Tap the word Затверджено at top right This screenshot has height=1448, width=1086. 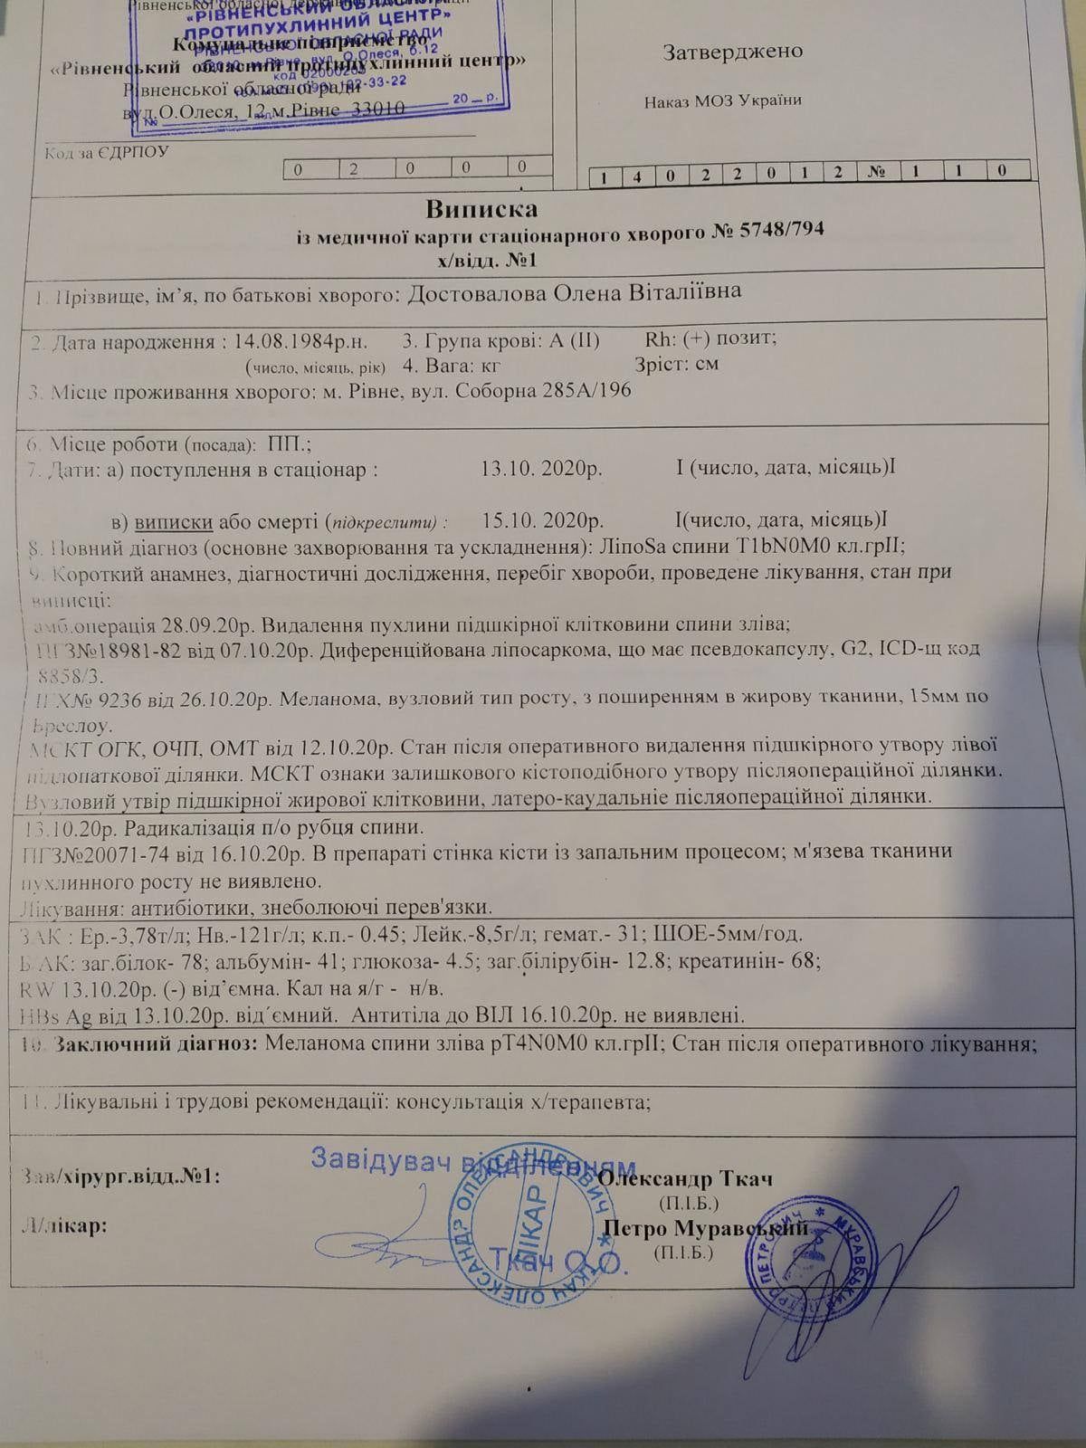coord(733,51)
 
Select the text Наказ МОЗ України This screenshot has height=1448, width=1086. coord(723,100)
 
